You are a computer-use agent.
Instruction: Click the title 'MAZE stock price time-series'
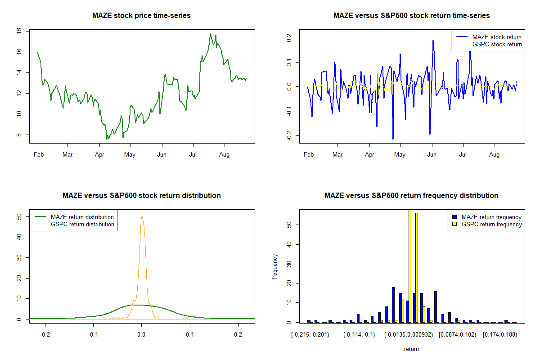click(x=141, y=16)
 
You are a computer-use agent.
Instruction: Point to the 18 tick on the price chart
click(x=19, y=31)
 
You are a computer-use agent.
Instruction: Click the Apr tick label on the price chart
click(x=99, y=155)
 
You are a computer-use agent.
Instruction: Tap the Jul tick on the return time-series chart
click(x=463, y=155)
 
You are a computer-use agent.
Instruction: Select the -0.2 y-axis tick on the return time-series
click(x=288, y=135)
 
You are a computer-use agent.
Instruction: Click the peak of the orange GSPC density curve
click(x=142, y=216)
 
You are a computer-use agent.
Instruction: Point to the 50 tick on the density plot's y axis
click(x=19, y=216)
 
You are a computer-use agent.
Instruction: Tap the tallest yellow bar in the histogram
click(x=409, y=265)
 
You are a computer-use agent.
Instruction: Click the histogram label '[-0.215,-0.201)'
click(x=310, y=335)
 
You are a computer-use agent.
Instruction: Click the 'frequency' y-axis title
click(x=275, y=266)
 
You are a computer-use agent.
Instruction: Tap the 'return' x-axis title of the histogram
click(x=411, y=349)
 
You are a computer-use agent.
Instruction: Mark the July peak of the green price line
click(x=210, y=34)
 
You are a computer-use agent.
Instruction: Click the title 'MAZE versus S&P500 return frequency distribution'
click(x=411, y=196)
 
